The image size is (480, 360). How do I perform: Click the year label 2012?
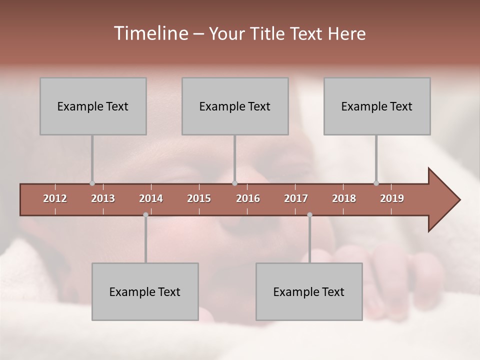pyautogui.click(x=55, y=198)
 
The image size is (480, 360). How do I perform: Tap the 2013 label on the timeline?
pyautogui.click(x=103, y=198)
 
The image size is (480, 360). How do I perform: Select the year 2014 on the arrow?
pyautogui.click(x=151, y=198)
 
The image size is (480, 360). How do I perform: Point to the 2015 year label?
pyautogui.click(x=199, y=198)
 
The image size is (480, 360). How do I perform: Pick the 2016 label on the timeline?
pyautogui.click(x=248, y=198)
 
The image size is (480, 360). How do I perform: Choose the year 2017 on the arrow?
pyautogui.click(x=296, y=198)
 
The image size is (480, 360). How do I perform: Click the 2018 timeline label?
pyautogui.click(x=344, y=198)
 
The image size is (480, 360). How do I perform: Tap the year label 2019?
pyautogui.click(x=392, y=198)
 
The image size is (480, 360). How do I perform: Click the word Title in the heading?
pyautogui.click(x=268, y=34)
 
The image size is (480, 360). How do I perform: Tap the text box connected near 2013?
pyautogui.click(x=93, y=106)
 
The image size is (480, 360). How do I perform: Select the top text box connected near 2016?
pyautogui.click(x=235, y=106)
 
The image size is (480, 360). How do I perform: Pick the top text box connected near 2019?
pyautogui.click(x=377, y=106)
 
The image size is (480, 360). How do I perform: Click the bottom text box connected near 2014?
pyautogui.click(x=145, y=291)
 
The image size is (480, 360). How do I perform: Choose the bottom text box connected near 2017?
pyautogui.click(x=309, y=291)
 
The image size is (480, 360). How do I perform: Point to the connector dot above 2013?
pyautogui.click(x=92, y=183)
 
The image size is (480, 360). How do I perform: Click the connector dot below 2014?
pyautogui.click(x=145, y=215)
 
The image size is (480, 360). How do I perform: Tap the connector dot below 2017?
pyautogui.click(x=309, y=215)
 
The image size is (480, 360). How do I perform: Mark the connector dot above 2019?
pyautogui.click(x=376, y=183)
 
